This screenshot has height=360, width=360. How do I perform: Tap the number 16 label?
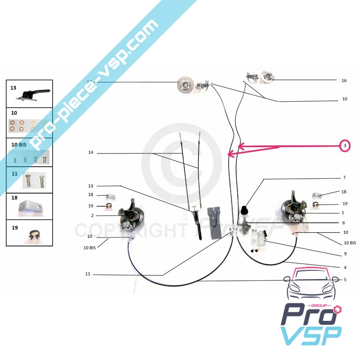(x=344, y=81)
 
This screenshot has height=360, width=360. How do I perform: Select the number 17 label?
(x=90, y=81)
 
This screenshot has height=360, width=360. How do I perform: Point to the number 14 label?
(x=90, y=153)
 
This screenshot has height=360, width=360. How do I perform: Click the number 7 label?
(x=344, y=178)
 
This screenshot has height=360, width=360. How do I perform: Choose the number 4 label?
(x=345, y=267)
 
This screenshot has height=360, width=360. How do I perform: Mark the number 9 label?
(x=345, y=254)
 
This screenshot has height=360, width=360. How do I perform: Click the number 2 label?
(x=92, y=216)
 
